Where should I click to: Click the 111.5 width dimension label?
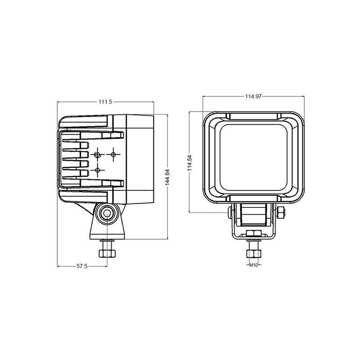coord(105,102)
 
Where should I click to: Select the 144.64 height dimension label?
coord(167,177)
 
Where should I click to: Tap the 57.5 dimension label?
coord(82,266)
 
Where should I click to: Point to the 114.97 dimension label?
coord(253,96)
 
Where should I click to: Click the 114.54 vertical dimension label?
coord(189,163)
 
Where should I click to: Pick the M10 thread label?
coord(253,265)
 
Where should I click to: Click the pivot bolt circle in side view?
coord(107,213)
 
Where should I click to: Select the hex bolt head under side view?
coord(107,253)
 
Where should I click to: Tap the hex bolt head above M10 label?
coord(253,253)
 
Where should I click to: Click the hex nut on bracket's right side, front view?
coord(281,212)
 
